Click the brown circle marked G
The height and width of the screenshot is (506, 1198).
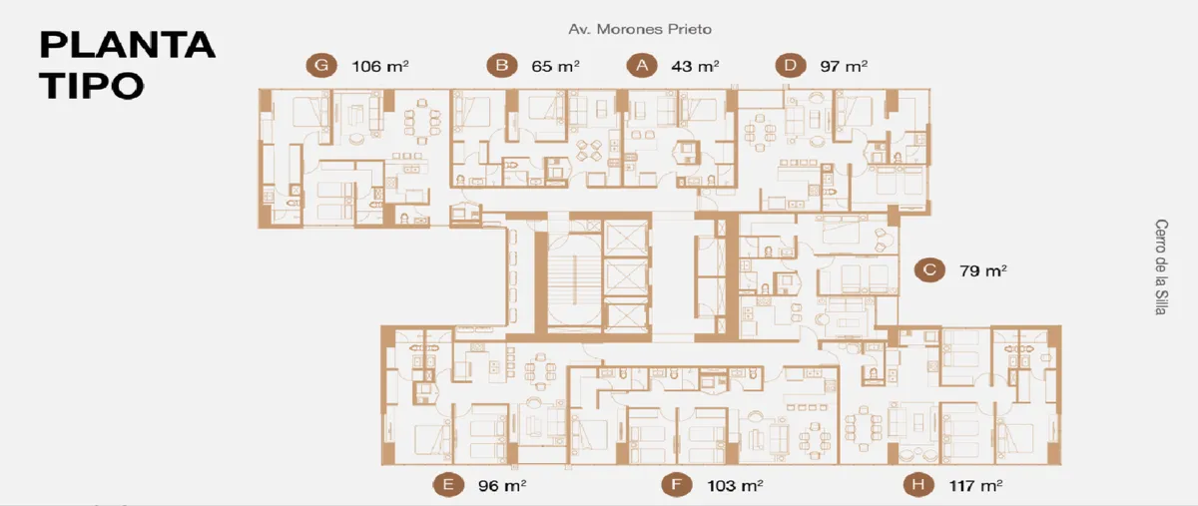tap(321, 65)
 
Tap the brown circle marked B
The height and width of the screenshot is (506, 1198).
tap(501, 65)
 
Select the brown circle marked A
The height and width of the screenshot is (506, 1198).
tap(642, 65)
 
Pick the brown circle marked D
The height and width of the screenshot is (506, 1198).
tap(791, 65)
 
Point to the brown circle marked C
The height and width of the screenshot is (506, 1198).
tap(929, 270)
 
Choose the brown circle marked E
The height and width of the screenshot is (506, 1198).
tap(448, 485)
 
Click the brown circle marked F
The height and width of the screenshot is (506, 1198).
tap(677, 485)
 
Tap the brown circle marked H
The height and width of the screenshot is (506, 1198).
tap(918, 485)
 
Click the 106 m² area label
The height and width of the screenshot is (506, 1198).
tap(379, 66)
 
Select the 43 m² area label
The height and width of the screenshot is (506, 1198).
tap(695, 66)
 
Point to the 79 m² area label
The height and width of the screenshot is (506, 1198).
tap(983, 271)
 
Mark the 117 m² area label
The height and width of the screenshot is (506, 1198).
tap(975, 486)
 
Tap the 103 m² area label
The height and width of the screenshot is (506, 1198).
tap(735, 486)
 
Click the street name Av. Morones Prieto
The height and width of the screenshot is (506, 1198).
tap(640, 29)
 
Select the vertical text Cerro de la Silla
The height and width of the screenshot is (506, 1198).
tap(1160, 266)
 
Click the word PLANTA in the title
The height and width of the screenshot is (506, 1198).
tap(128, 45)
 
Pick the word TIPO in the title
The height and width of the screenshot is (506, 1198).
tap(92, 86)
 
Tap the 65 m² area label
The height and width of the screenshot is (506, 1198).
tap(555, 66)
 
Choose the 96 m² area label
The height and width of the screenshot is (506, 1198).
tap(502, 486)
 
